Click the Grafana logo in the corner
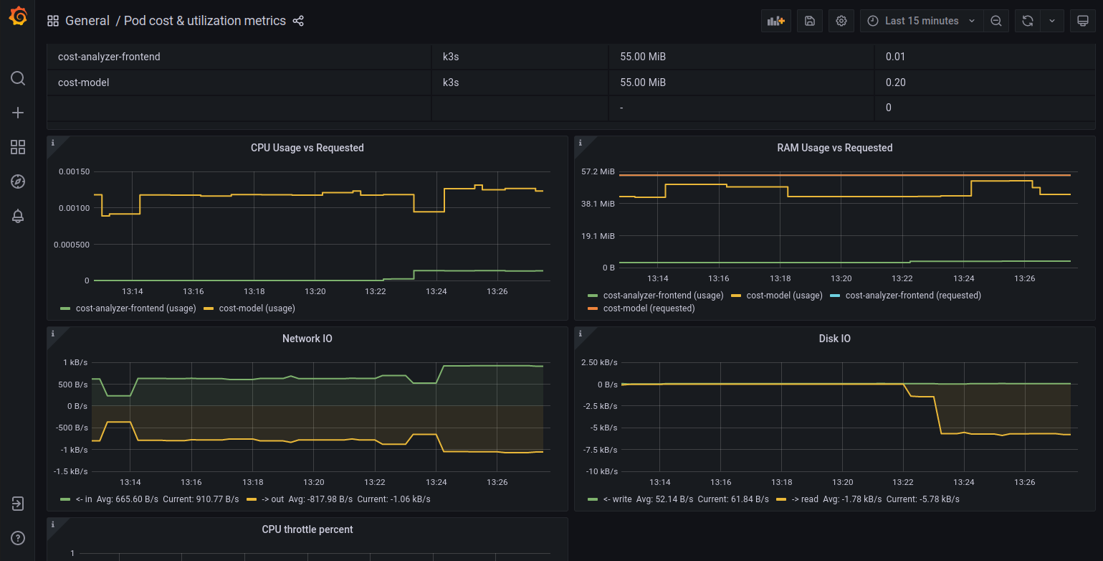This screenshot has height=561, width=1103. pos(18,16)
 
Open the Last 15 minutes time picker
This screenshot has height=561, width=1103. pos(921,21)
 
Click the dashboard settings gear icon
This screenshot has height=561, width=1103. pos(841,21)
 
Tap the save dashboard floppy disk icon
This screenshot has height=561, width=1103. pos(810,21)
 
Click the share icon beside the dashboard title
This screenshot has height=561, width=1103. pos(298,21)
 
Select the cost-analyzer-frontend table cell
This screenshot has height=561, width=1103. pos(109,57)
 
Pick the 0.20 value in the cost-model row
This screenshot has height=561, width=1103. pos(895,82)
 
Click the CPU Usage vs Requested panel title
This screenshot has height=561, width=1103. pos(307,148)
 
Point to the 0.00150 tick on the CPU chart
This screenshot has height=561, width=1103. pos(75,171)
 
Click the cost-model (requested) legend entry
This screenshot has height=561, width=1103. pos(641,308)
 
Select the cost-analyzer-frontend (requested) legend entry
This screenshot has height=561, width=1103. pos(905,296)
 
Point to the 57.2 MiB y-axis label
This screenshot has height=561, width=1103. pos(598,171)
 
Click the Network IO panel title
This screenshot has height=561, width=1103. pos(307,339)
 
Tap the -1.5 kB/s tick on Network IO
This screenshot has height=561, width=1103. pos(71,471)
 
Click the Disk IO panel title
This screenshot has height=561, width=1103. pos(835,339)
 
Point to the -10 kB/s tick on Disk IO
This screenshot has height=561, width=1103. pos(602,471)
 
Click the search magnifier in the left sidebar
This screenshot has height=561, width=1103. pos(18,78)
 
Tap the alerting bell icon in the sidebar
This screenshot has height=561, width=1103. pos(18,216)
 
